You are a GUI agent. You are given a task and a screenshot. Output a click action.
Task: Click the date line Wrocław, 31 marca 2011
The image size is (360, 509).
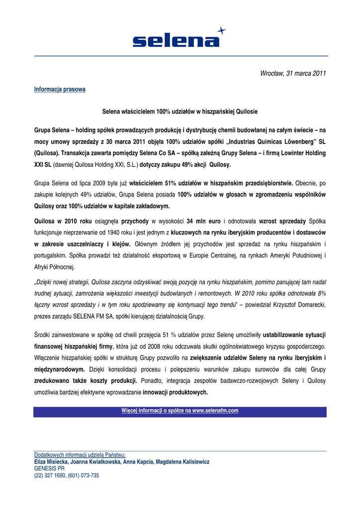click(x=293, y=74)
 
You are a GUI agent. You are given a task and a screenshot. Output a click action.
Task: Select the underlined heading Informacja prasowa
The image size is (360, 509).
click(x=60, y=89)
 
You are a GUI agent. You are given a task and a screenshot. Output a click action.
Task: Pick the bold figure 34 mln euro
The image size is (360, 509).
click(x=204, y=220)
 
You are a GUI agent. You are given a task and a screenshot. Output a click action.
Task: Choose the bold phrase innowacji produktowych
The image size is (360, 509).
click(x=176, y=393)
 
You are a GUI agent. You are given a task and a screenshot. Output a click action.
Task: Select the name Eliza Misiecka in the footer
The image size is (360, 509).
click(x=51, y=462)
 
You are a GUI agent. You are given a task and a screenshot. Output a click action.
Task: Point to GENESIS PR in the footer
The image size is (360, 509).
click(x=49, y=469)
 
